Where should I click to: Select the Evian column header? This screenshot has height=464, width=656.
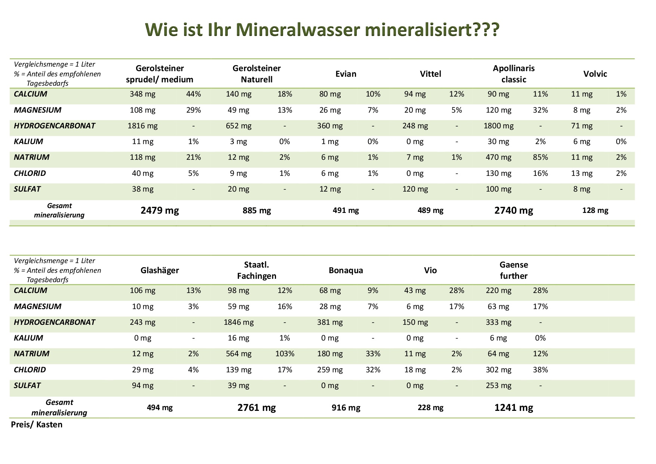pos(346,74)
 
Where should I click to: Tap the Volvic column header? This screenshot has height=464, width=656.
pos(595,74)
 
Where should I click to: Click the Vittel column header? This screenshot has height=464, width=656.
pos(430,74)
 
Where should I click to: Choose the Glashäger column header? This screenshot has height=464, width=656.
pos(160,270)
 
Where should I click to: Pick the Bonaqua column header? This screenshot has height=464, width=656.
pos(346,270)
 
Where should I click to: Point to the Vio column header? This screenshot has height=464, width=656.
pos(430,270)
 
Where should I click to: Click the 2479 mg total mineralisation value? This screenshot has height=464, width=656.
pos(160,210)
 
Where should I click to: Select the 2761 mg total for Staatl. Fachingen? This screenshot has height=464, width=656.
pos(257,407)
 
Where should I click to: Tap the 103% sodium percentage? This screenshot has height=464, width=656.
pos(285,354)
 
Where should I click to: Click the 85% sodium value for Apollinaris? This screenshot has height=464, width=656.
pos(540,157)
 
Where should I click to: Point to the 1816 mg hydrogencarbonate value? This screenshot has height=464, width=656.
pos(142,126)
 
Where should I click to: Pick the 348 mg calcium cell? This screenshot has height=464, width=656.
pos(142,94)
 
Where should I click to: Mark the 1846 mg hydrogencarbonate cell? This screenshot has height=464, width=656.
pos(239,322)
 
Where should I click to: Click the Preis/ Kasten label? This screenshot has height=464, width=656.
pos(37,425)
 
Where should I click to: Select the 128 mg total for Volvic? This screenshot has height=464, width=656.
pos(595,210)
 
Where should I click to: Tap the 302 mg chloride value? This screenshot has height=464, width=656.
pos(498,370)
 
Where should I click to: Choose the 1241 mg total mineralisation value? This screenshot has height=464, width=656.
pos(514,407)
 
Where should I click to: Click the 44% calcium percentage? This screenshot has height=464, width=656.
pos(193,94)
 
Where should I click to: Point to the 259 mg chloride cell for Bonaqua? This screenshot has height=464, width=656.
pos(329,370)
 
